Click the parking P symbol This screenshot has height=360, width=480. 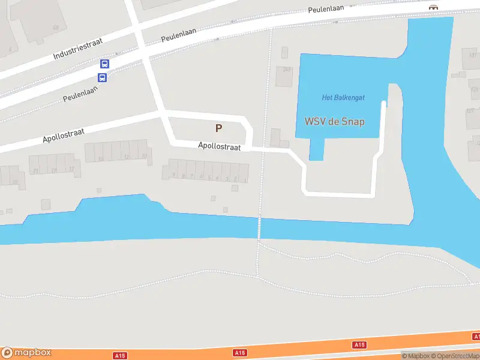pos(219,128)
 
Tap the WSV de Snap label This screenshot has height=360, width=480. pos(335,121)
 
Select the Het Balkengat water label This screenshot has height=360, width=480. pos(343,98)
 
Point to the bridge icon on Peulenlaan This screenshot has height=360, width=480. pos(433,7)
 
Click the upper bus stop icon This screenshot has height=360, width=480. pos(104,64)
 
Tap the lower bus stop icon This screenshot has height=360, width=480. pos(103,77)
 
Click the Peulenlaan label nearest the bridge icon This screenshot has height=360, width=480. pos(330,9)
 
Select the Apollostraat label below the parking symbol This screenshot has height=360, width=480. pos(223,146)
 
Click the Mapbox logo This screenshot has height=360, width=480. pos(26,353)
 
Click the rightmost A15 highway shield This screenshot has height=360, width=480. pos(359,345)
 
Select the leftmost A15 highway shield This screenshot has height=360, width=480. pos(120,356)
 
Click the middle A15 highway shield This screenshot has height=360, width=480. pos(240,352)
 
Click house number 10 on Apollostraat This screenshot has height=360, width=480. pos(144,157)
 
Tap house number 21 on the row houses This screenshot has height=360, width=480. pos(36,171)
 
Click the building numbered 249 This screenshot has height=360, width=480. pos(287,69)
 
